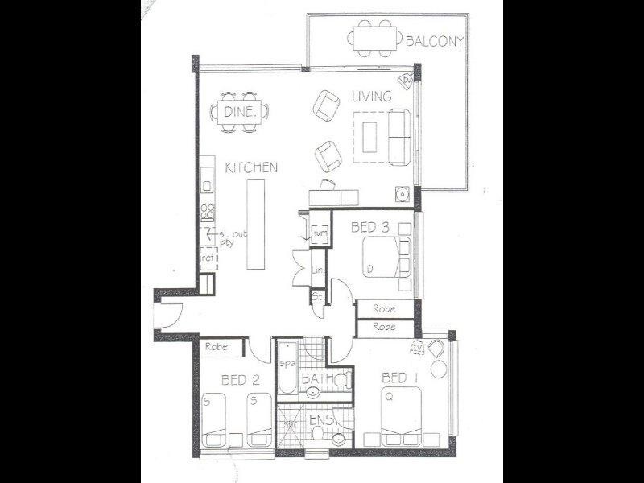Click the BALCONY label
(436, 41)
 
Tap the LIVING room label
(371, 96)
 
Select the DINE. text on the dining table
(239, 114)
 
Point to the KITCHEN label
(251, 167)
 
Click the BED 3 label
(370, 229)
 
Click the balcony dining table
(376, 38)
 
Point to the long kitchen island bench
(257, 225)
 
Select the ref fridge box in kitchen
(207, 258)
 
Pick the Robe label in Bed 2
(214, 347)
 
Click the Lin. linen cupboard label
(316, 272)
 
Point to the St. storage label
(317, 298)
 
